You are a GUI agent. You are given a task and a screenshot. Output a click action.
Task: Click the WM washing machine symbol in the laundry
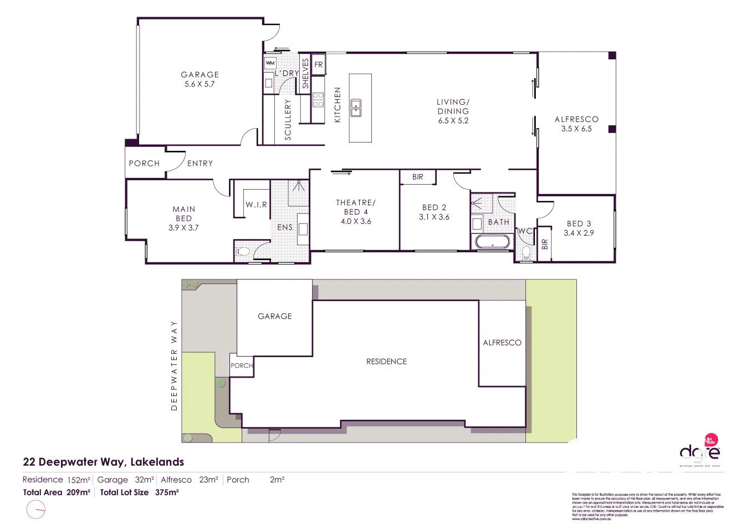(x=270, y=63)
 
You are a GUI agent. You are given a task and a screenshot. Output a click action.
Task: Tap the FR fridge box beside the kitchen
(x=319, y=65)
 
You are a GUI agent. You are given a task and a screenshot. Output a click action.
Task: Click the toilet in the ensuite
(x=242, y=252)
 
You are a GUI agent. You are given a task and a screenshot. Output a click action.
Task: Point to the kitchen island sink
(x=355, y=108)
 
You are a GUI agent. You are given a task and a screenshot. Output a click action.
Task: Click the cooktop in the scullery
(x=318, y=99)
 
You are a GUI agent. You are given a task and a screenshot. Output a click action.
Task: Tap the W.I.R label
(x=256, y=205)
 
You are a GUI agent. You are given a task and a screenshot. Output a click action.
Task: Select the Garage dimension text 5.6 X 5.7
(x=200, y=84)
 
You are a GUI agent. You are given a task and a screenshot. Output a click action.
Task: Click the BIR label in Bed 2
(x=418, y=177)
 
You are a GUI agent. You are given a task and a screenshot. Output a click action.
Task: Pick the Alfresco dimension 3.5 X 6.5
(x=576, y=129)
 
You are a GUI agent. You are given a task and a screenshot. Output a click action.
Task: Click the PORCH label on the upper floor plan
(x=144, y=163)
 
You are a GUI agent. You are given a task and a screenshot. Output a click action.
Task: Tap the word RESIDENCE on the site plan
(x=386, y=361)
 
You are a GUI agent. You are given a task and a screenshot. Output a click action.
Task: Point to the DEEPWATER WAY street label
(x=174, y=365)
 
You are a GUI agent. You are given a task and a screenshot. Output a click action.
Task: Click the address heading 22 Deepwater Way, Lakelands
(x=103, y=461)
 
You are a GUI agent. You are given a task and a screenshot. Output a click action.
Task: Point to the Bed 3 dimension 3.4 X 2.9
(x=579, y=233)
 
